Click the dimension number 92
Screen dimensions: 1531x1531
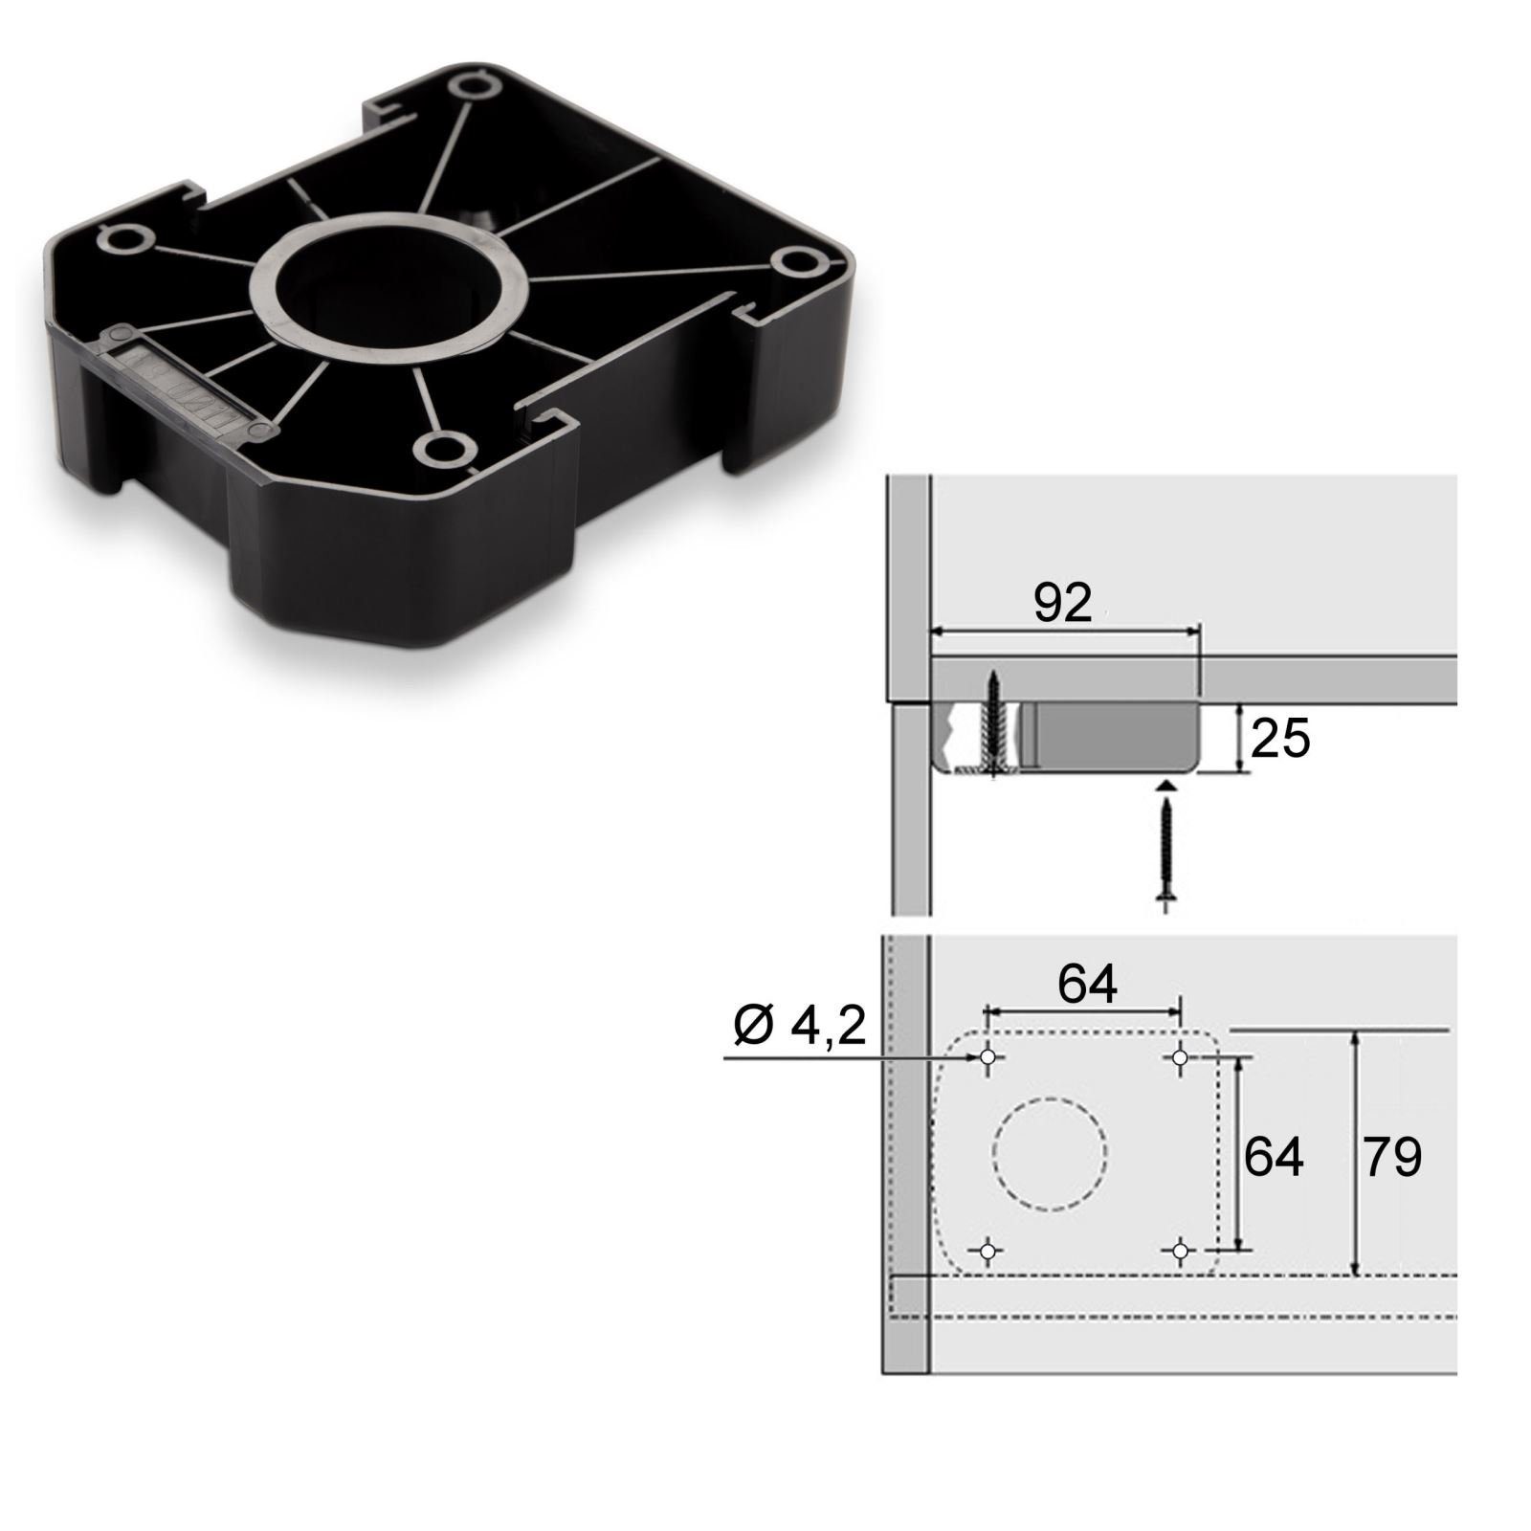coord(1062,604)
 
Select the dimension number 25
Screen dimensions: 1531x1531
coord(1280,739)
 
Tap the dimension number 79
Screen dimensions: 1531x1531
coord(1392,1158)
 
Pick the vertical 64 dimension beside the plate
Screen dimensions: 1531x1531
coord(1274,1158)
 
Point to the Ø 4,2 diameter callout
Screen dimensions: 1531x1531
coord(800,1027)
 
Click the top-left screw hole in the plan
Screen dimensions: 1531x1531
coord(988,1057)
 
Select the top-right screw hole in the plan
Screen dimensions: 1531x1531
coord(1180,1057)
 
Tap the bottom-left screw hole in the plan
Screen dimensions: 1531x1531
coord(988,1250)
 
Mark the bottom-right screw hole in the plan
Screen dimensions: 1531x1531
coord(1180,1250)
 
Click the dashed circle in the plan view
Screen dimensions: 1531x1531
coord(1050,1153)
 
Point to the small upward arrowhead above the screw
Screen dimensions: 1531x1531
coord(1165,785)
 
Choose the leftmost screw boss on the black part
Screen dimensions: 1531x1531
coord(123,237)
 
